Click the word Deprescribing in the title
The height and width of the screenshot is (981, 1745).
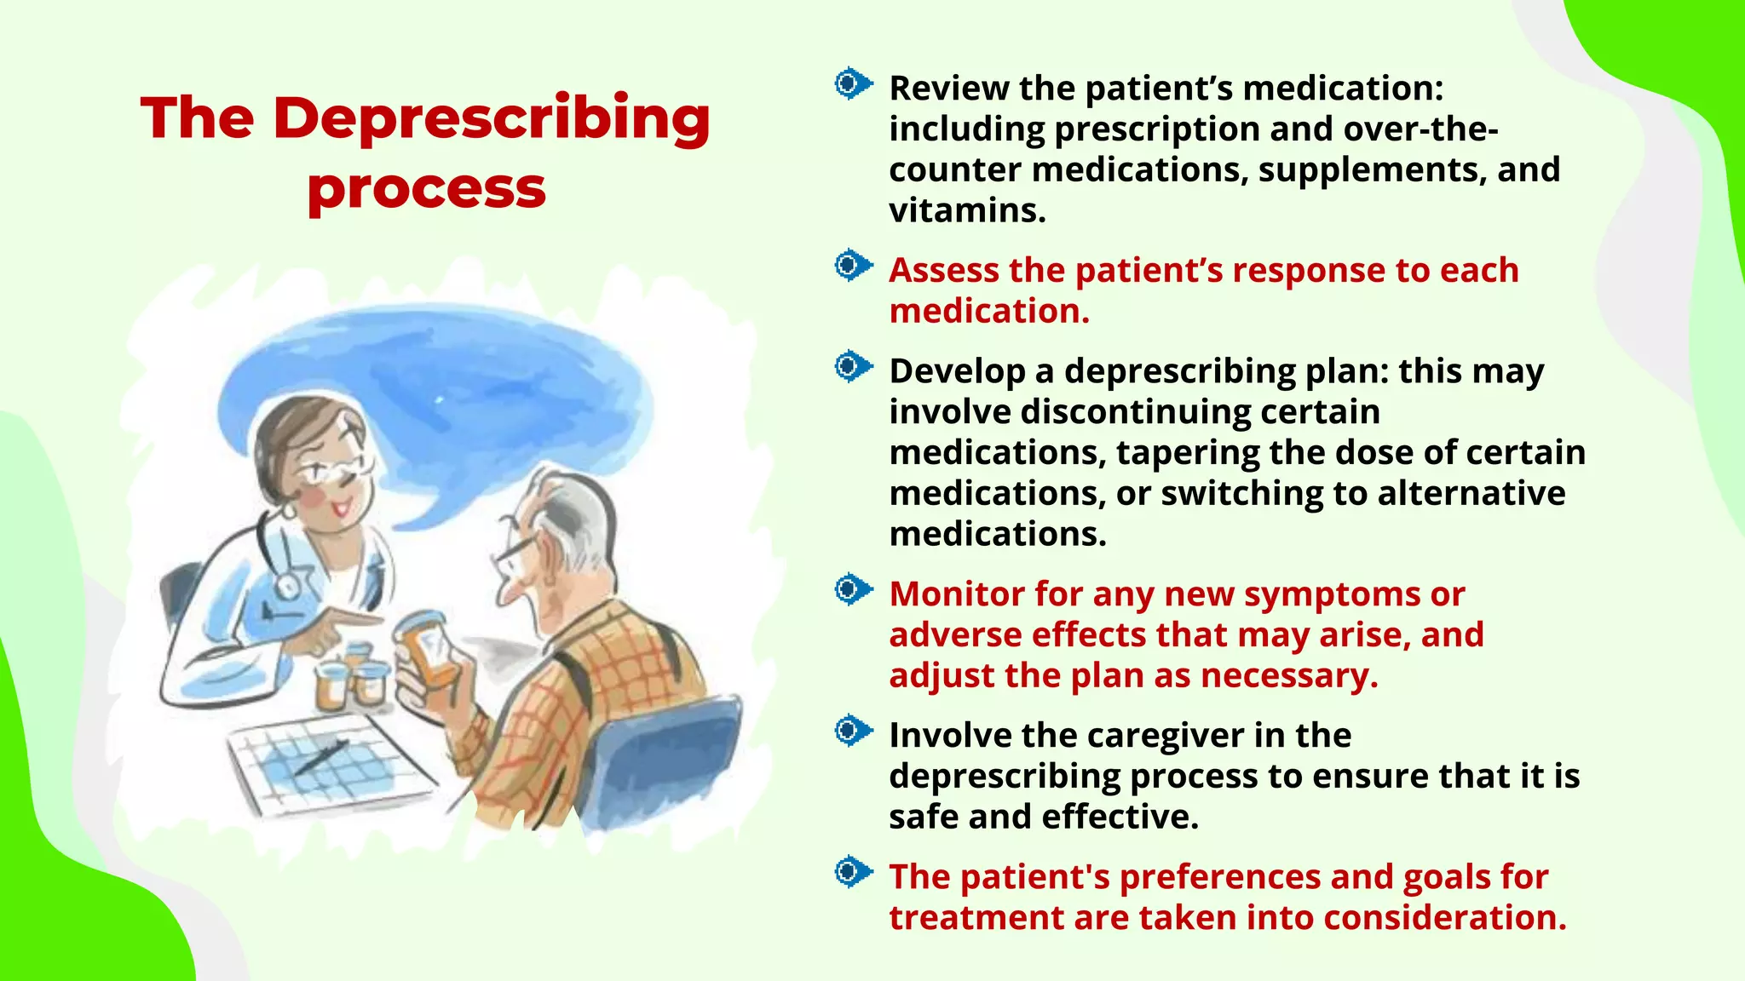coord(492,119)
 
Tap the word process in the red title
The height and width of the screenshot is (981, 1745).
coord(426,189)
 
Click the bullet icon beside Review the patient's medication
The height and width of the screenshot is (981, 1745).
coord(852,83)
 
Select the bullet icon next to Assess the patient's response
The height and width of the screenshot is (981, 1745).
coord(852,266)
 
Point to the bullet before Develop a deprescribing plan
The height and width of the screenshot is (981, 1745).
coord(852,367)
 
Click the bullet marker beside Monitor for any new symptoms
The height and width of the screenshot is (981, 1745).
coord(852,589)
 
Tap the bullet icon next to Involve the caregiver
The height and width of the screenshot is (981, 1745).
coord(852,731)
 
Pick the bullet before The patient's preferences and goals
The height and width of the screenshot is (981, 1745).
coord(852,872)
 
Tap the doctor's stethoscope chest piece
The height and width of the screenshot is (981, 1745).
coord(287,587)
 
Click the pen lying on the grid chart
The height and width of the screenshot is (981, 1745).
coord(321,757)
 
